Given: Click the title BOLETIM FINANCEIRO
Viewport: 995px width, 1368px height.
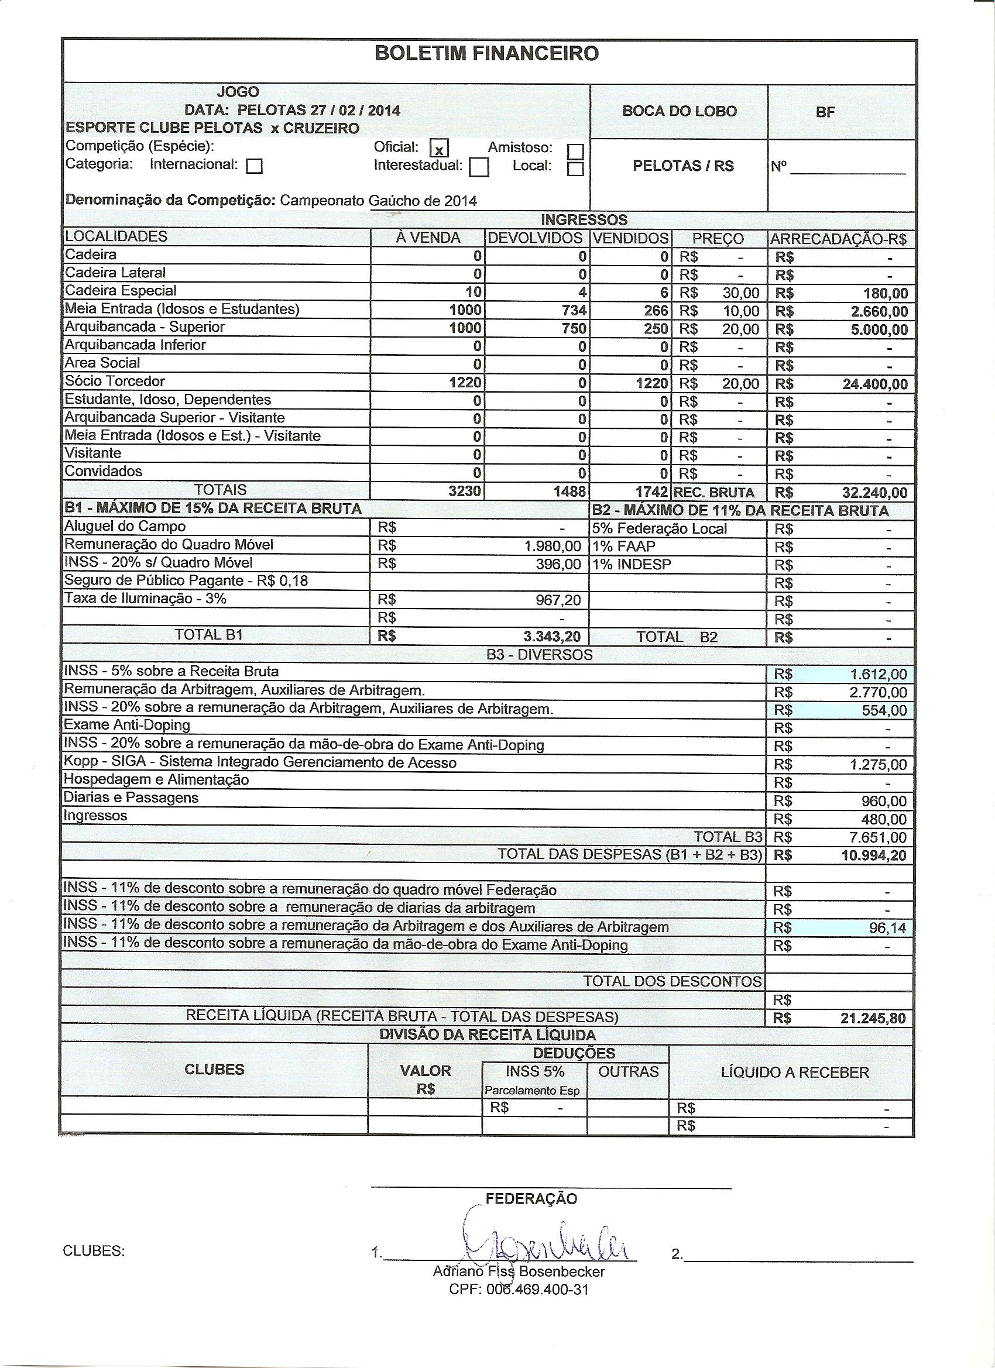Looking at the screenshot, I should [x=486, y=54].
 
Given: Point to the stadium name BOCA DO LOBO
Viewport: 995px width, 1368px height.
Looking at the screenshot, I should [x=679, y=112].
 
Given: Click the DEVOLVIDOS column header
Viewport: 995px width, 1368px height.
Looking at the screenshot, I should [x=535, y=238].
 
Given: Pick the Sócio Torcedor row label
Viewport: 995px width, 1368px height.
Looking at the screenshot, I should [x=115, y=381].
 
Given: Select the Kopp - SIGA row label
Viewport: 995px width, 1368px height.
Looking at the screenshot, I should [x=259, y=762].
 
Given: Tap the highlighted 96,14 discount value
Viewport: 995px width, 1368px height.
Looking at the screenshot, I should [x=887, y=927].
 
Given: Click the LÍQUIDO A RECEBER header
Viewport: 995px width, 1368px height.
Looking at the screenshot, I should [x=795, y=1073].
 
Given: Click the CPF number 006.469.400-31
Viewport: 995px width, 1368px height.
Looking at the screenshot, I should [x=519, y=1290].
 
